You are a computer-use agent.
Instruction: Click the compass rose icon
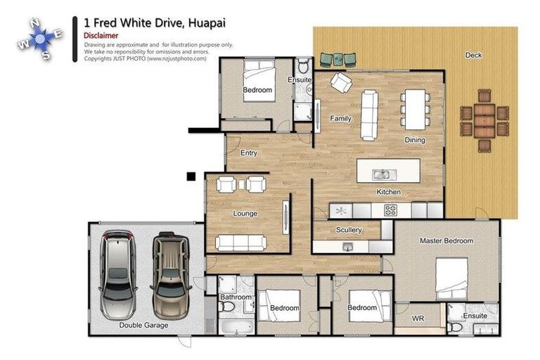click(x=40, y=38)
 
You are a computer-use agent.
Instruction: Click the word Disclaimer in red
click(x=101, y=35)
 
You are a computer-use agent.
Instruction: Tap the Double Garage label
click(x=143, y=326)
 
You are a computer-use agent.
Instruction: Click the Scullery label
click(x=349, y=230)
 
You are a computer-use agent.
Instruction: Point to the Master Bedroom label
click(x=446, y=241)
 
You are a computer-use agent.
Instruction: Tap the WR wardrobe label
click(x=418, y=319)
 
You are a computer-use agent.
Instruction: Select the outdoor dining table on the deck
click(x=484, y=120)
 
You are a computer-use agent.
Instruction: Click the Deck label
click(x=473, y=55)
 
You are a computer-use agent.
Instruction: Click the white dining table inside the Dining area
click(x=413, y=109)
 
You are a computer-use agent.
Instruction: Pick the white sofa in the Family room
click(x=369, y=115)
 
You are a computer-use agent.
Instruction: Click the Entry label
click(x=248, y=153)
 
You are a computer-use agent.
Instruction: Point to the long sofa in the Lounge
click(x=242, y=243)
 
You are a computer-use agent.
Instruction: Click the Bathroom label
click(x=236, y=297)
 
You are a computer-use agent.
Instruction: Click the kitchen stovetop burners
click(x=390, y=210)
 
